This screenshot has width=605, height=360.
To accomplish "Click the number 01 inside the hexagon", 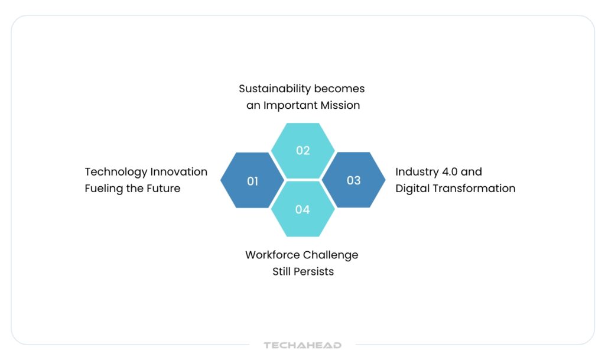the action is click(x=252, y=181).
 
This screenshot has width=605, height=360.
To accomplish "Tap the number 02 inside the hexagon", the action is click(x=303, y=151).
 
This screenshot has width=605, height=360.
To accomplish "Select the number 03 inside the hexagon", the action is click(x=353, y=180).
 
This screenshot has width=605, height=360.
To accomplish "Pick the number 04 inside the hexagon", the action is click(x=302, y=209).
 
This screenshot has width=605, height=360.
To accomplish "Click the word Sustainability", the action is click(x=275, y=89).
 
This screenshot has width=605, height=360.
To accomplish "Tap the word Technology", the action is click(x=116, y=173).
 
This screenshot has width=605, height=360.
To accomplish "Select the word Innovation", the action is click(x=178, y=171).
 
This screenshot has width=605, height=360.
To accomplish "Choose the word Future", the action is click(x=164, y=189).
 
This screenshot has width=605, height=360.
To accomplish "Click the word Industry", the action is click(x=417, y=173).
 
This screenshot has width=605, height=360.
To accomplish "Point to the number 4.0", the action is click(x=450, y=171).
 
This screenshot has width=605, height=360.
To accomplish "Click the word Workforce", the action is click(x=272, y=255).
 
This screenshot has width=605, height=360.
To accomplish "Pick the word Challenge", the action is click(x=330, y=255).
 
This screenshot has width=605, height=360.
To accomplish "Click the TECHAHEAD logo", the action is click(x=302, y=345).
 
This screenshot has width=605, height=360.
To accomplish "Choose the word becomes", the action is click(x=340, y=89).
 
